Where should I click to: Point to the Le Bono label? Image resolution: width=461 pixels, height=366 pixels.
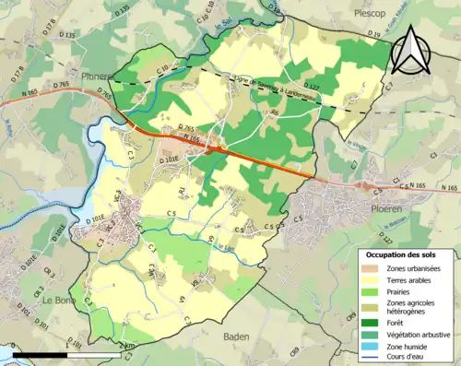[58, 299]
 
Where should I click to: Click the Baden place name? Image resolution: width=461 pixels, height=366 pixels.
[237, 336]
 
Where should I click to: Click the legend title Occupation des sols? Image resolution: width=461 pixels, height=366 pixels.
[407, 254]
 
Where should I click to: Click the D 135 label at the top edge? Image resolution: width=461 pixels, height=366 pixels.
[120, 8]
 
